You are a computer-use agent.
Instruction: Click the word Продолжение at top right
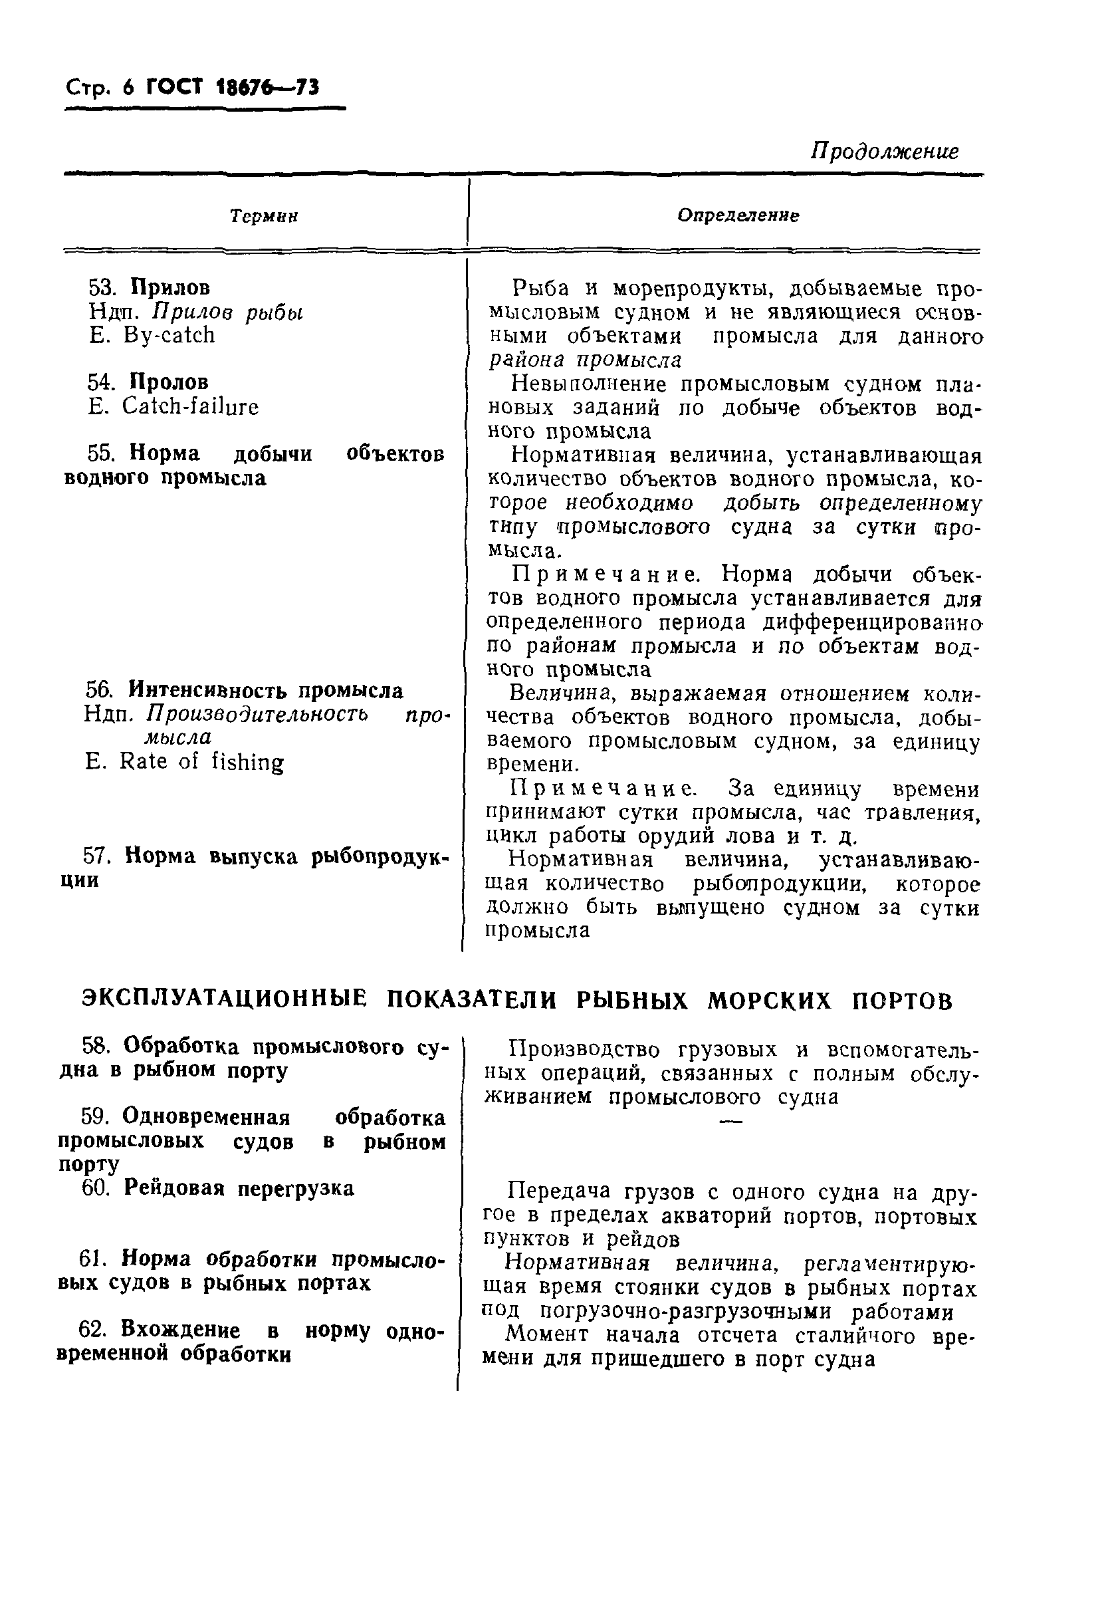click(x=884, y=151)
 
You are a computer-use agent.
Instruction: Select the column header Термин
click(x=264, y=216)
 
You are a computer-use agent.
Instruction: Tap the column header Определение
click(x=738, y=215)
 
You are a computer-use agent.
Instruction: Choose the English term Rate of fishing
click(x=201, y=762)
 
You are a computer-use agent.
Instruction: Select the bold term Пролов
click(x=169, y=382)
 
